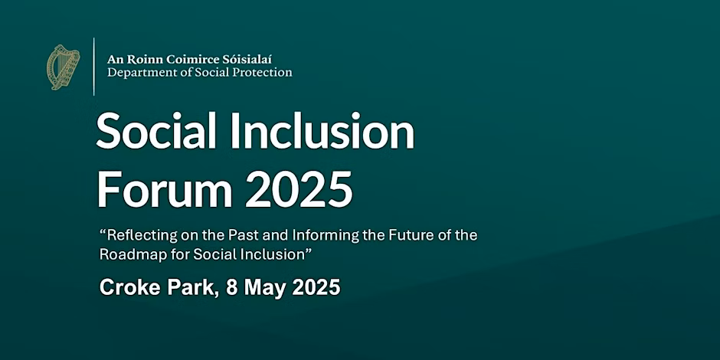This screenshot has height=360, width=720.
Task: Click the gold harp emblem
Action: (x=63, y=67)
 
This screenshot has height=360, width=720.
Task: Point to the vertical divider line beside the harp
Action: (x=93, y=67)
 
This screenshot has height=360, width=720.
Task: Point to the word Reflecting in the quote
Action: (x=136, y=236)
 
